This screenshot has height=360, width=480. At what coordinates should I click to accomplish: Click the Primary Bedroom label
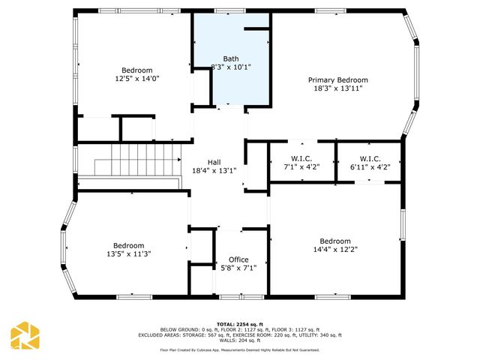point(338,80)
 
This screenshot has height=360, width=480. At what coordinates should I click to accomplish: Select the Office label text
point(238,259)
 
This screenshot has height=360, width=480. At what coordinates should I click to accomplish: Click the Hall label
point(214,162)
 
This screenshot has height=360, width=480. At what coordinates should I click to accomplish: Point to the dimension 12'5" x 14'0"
point(137,78)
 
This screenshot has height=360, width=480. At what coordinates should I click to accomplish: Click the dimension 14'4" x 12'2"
point(335,250)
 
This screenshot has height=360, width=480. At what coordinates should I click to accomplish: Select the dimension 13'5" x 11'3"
point(128,253)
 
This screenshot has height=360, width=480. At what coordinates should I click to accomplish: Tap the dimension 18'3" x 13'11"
point(338,88)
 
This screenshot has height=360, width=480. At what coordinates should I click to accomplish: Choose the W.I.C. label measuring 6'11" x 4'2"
point(370,158)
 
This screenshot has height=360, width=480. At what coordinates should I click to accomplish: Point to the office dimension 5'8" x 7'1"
point(238,268)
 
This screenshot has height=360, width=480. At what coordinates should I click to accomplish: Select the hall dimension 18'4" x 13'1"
point(214,170)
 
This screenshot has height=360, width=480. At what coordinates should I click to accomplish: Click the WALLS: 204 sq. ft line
point(240,340)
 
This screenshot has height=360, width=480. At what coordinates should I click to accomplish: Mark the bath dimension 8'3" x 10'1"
point(232,67)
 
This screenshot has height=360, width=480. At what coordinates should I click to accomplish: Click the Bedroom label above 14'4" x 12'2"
point(335,241)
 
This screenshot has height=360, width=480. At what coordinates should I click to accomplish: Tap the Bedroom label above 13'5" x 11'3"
point(128,245)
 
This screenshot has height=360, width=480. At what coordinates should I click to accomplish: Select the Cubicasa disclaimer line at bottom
point(240,350)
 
